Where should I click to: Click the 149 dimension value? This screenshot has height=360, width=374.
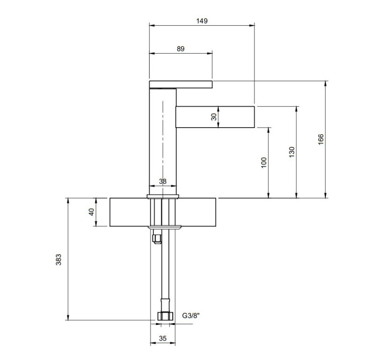tap(202, 21)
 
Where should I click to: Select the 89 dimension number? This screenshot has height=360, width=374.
tap(180, 49)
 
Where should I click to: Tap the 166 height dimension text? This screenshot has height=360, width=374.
tap(321, 139)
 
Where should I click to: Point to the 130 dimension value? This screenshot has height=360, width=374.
tap(291, 152)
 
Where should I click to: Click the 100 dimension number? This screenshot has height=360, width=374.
tap(264, 163)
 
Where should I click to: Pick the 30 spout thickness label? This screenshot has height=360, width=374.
tap(214, 117)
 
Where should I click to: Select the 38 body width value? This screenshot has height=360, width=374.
tap(163, 181)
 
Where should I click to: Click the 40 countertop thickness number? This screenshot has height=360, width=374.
tap(91, 212)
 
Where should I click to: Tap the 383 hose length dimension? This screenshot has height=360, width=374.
tap(58, 259)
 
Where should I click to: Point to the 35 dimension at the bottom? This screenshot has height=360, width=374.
tap(163, 338)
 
